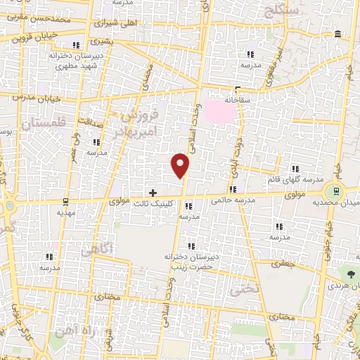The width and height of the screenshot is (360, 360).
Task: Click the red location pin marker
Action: pos(181,165)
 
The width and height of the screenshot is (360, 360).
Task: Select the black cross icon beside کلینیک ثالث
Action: pos(153,193)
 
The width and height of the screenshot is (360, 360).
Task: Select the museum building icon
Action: pos(339,34)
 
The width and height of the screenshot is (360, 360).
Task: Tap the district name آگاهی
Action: pos(96,249)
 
